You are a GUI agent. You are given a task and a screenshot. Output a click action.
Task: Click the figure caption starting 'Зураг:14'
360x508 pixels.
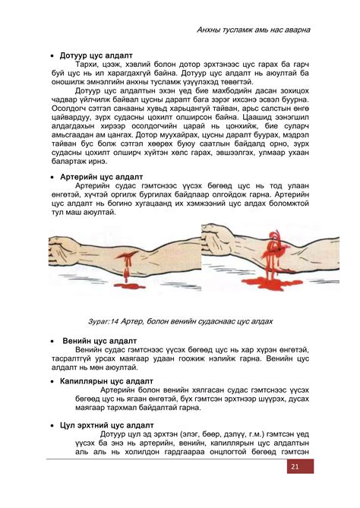180,321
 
